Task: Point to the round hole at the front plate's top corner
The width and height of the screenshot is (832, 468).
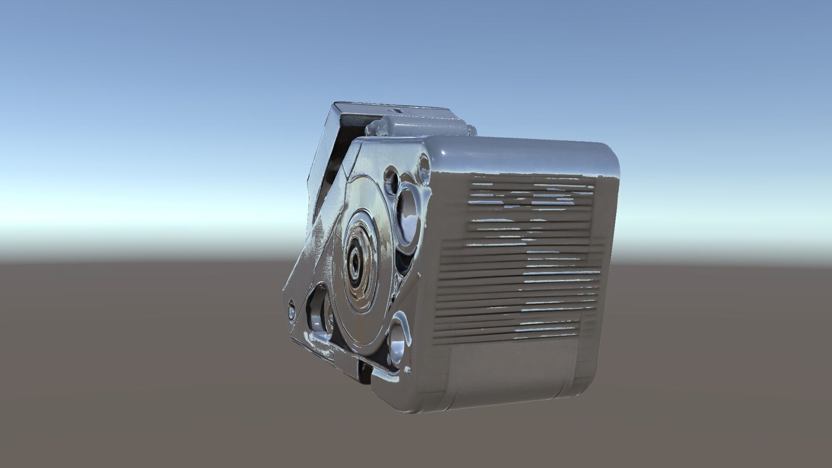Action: tap(423, 165)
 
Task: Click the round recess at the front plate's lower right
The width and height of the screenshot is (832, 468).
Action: tap(400, 342)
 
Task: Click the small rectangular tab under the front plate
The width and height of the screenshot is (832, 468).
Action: tap(347, 356)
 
